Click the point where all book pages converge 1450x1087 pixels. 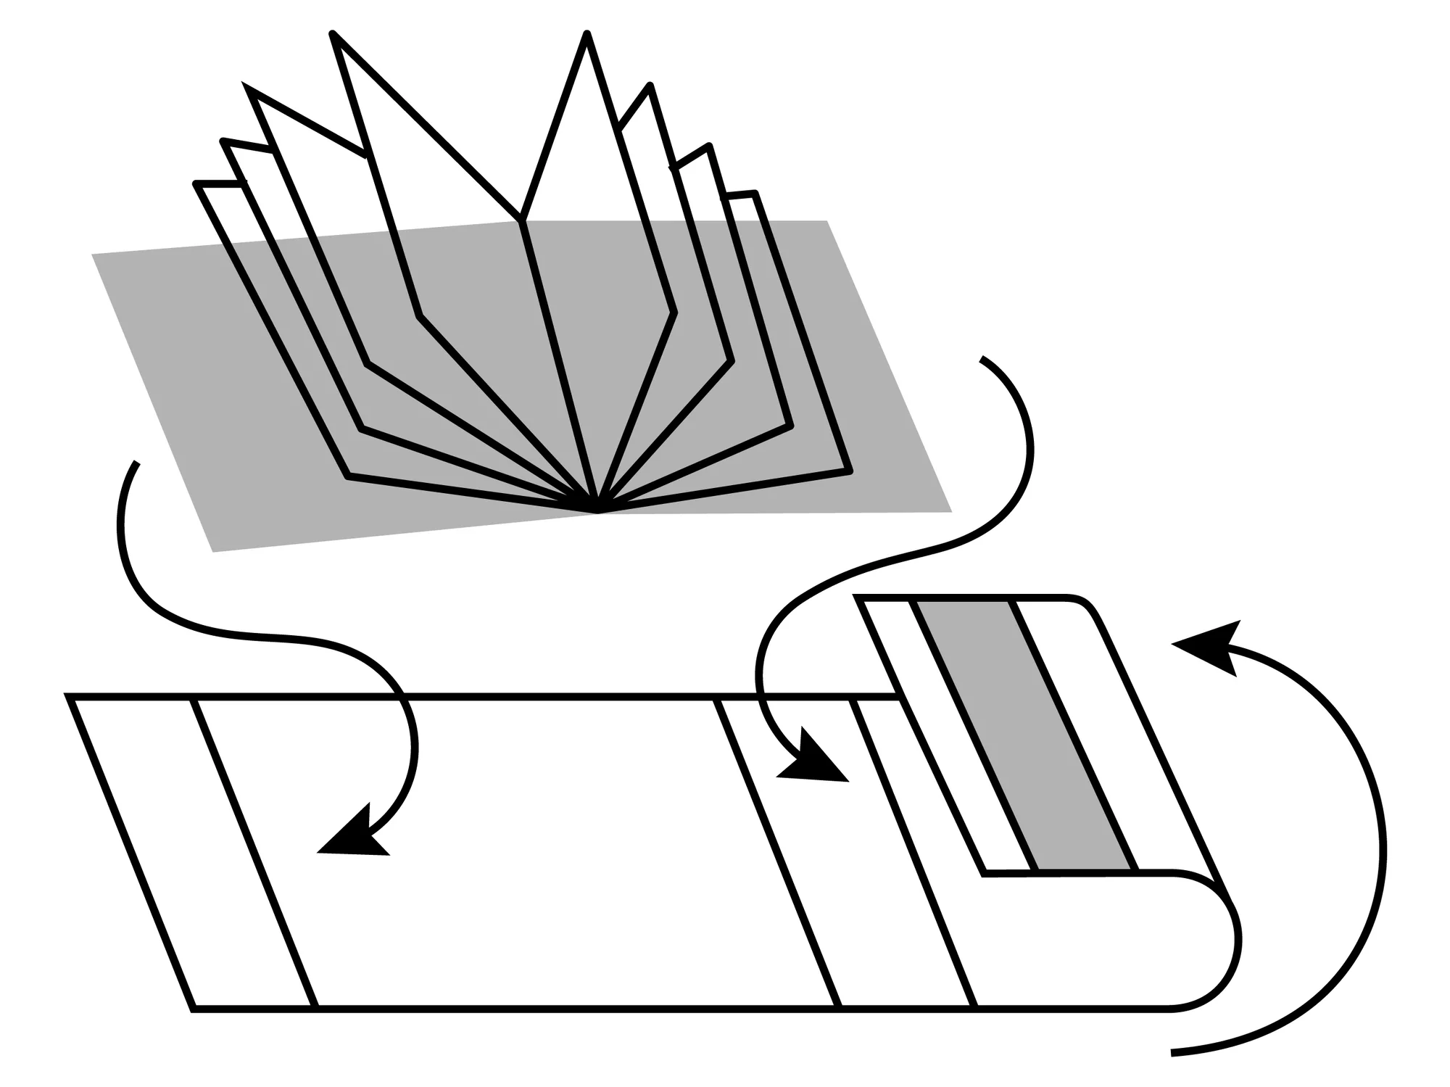pyautogui.click(x=597, y=510)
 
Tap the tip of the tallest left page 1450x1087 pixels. pyautogui.click(x=333, y=33)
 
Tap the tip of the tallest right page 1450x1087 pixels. pyautogui.click(x=587, y=33)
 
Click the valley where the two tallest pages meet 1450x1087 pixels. pyautogui.click(x=521, y=218)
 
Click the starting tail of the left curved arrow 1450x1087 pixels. pyautogui.click(x=136, y=463)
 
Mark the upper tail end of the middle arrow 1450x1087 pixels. pyautogui.click(x=982, y=359)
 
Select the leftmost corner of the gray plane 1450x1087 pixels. pyautogui.click(x=92, y=255)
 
